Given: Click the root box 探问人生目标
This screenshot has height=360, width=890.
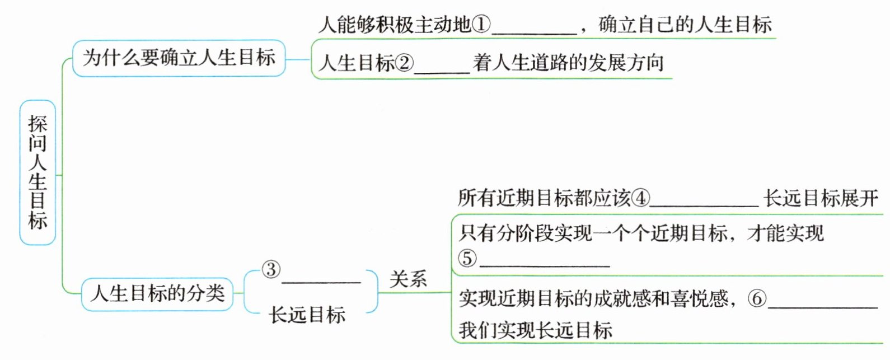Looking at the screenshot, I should tap(38, 172).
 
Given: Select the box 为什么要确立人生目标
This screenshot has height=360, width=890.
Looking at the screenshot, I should tap(179, 58).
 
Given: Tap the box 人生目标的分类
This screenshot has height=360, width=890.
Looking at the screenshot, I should tap(157, 293).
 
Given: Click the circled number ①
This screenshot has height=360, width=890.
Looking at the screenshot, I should tap(481, 24).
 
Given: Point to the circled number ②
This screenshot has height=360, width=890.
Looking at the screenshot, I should tap(405, 63).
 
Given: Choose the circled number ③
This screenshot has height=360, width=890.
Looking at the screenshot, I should tap(271, 269).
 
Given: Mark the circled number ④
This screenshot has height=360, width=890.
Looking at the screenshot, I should tap(640, 198).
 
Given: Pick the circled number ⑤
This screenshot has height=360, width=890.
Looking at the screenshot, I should tap(467, 258).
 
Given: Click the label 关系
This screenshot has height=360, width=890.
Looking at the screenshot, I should tap(408, 278).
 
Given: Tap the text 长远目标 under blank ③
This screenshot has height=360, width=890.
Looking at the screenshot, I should tap(307, 315).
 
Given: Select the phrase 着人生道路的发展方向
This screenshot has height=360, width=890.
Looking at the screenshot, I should tap(568, 62).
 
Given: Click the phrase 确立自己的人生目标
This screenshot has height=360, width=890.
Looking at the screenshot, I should tap(685, 24).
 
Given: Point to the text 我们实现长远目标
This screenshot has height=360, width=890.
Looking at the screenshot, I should tap(536, 330).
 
